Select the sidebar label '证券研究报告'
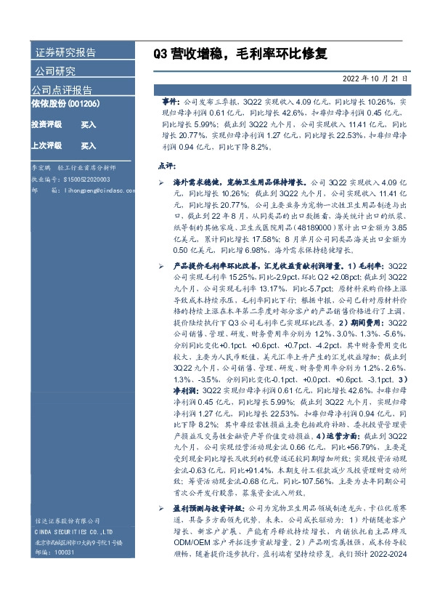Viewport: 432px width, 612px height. (x=65, y=52)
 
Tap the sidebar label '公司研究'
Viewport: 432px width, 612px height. (x=55, y=71)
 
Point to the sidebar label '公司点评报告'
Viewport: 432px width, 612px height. (x=62, y=90)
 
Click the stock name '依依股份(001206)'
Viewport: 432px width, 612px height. (x=65, y=104)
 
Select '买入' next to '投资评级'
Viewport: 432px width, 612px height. (x=89, y=125)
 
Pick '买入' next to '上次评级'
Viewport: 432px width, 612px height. (x=89, y=145)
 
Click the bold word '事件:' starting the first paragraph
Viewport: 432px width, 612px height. (x=173, y=104)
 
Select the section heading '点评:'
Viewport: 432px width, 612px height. (x=168, y=165)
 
